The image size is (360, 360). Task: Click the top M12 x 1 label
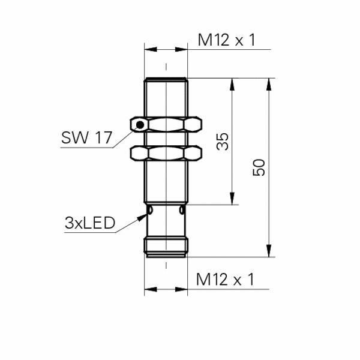tap(226, 40)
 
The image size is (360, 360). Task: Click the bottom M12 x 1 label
tap(226, 279)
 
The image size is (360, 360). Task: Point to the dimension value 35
tap(223, 142)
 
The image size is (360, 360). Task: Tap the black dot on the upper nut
tap(140, 125)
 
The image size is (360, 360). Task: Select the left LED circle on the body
tap(150, 211)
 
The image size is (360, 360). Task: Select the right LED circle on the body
tap(181, 211)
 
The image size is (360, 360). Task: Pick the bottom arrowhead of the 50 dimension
tap(268, 251)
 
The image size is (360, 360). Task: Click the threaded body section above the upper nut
tap(166, 96)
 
